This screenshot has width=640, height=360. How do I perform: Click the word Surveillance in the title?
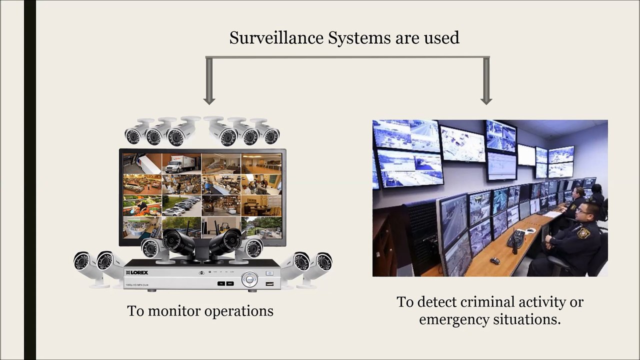click(276, 37)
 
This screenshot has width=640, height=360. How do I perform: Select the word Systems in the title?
click(359, 38)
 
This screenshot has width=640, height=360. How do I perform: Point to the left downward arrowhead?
click(209, 101)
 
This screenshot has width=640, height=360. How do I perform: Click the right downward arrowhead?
click(486, 101)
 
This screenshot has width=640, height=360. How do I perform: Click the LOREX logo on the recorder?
click(137, 272)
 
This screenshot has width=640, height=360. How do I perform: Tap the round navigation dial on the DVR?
click(249, 279)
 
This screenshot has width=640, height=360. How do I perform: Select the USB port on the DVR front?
click(269, 283)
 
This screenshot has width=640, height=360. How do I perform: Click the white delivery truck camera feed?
click(181, 163)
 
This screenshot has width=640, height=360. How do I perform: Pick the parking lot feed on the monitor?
click(181, 205)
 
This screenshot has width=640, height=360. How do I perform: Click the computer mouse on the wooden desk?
click(494, 260)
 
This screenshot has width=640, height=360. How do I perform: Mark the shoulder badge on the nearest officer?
click(583, 233)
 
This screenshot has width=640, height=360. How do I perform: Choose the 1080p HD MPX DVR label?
click(137, 285)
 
